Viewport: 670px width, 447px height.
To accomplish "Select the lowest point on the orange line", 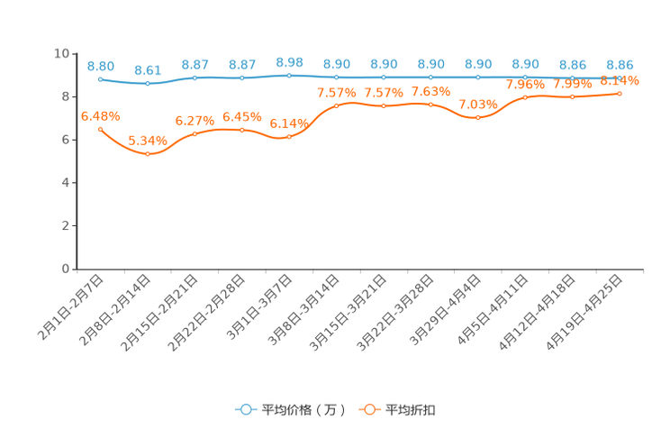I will point(148,154).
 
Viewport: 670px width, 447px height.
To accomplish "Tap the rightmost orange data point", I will point(620,93).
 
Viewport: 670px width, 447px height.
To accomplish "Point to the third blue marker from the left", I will point(195,78).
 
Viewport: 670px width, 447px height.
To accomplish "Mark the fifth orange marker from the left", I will point(289,137).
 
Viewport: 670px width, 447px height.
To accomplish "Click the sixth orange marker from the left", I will point(337,105).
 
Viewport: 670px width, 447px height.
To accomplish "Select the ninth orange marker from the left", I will point(478,118).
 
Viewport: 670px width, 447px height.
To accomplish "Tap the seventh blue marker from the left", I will point(385,78).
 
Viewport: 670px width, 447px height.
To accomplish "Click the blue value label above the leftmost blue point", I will point(101,66).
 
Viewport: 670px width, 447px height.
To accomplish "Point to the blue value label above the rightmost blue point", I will point(620,64).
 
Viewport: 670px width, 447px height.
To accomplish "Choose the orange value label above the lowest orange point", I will point(148,141).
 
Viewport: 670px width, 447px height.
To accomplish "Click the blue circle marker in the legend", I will point(246,409).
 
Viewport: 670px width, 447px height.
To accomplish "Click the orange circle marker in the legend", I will point(367,409).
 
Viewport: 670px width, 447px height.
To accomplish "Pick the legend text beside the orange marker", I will point(412,410).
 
